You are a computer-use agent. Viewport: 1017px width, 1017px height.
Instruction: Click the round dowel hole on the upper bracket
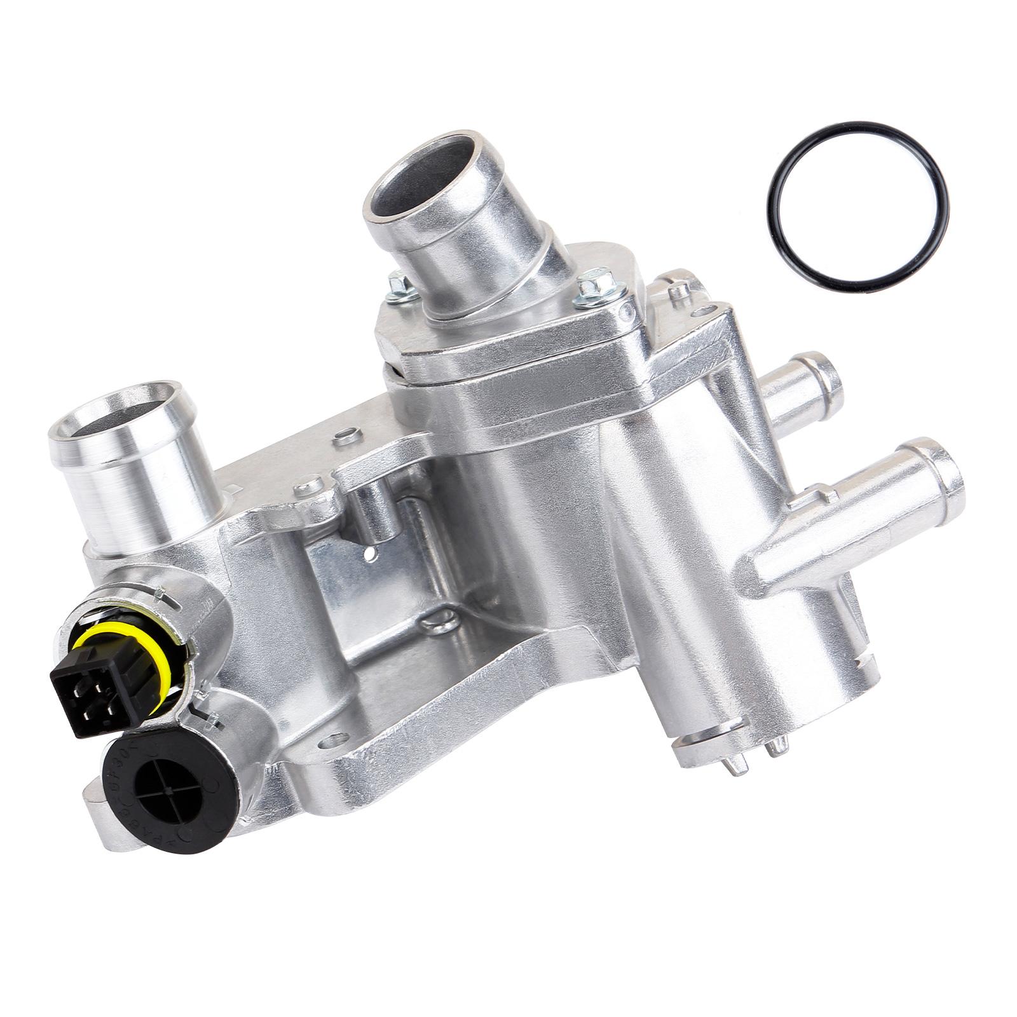[x=348, y=435]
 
